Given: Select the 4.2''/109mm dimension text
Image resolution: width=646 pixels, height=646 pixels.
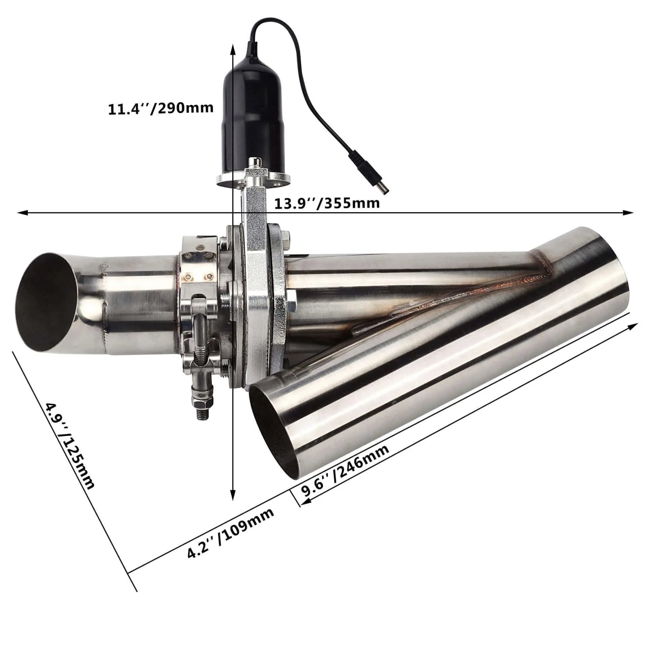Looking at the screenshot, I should (231, 535).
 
